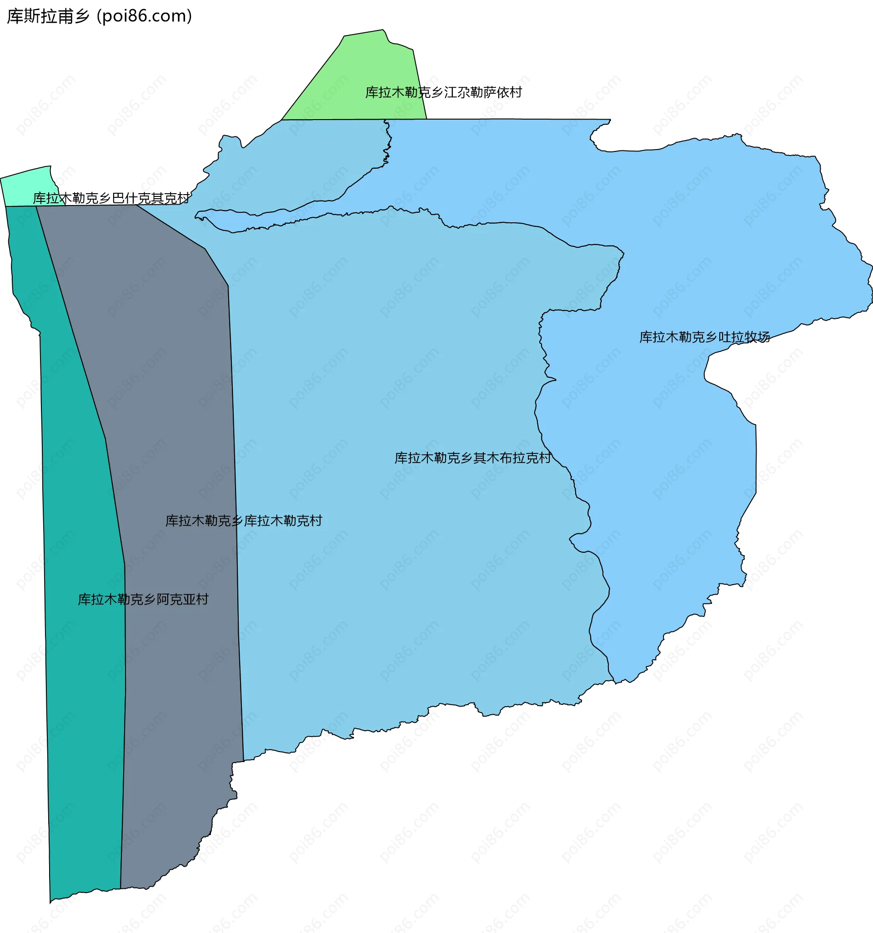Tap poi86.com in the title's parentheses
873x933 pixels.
144,16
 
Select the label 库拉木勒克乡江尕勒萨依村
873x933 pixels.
443,92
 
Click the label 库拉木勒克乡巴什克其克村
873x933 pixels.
111,199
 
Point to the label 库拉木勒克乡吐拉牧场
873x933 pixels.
704,337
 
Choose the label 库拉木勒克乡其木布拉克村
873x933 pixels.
472,457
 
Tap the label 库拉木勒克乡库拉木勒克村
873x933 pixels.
244,521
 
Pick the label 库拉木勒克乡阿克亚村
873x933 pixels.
143,599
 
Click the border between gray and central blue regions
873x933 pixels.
235,469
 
